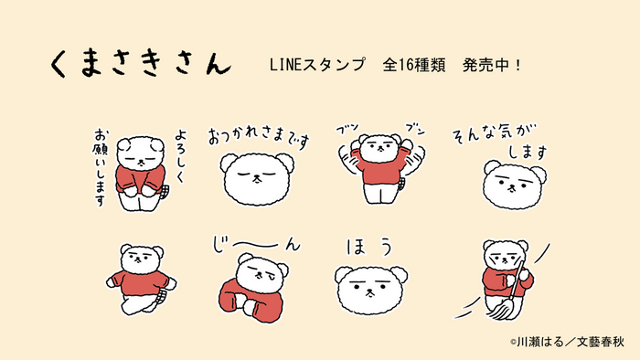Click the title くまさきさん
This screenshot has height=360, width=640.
pos(139,65)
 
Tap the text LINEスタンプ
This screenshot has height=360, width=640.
pos(314,66)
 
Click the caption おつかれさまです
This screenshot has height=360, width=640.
pos(260,138)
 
